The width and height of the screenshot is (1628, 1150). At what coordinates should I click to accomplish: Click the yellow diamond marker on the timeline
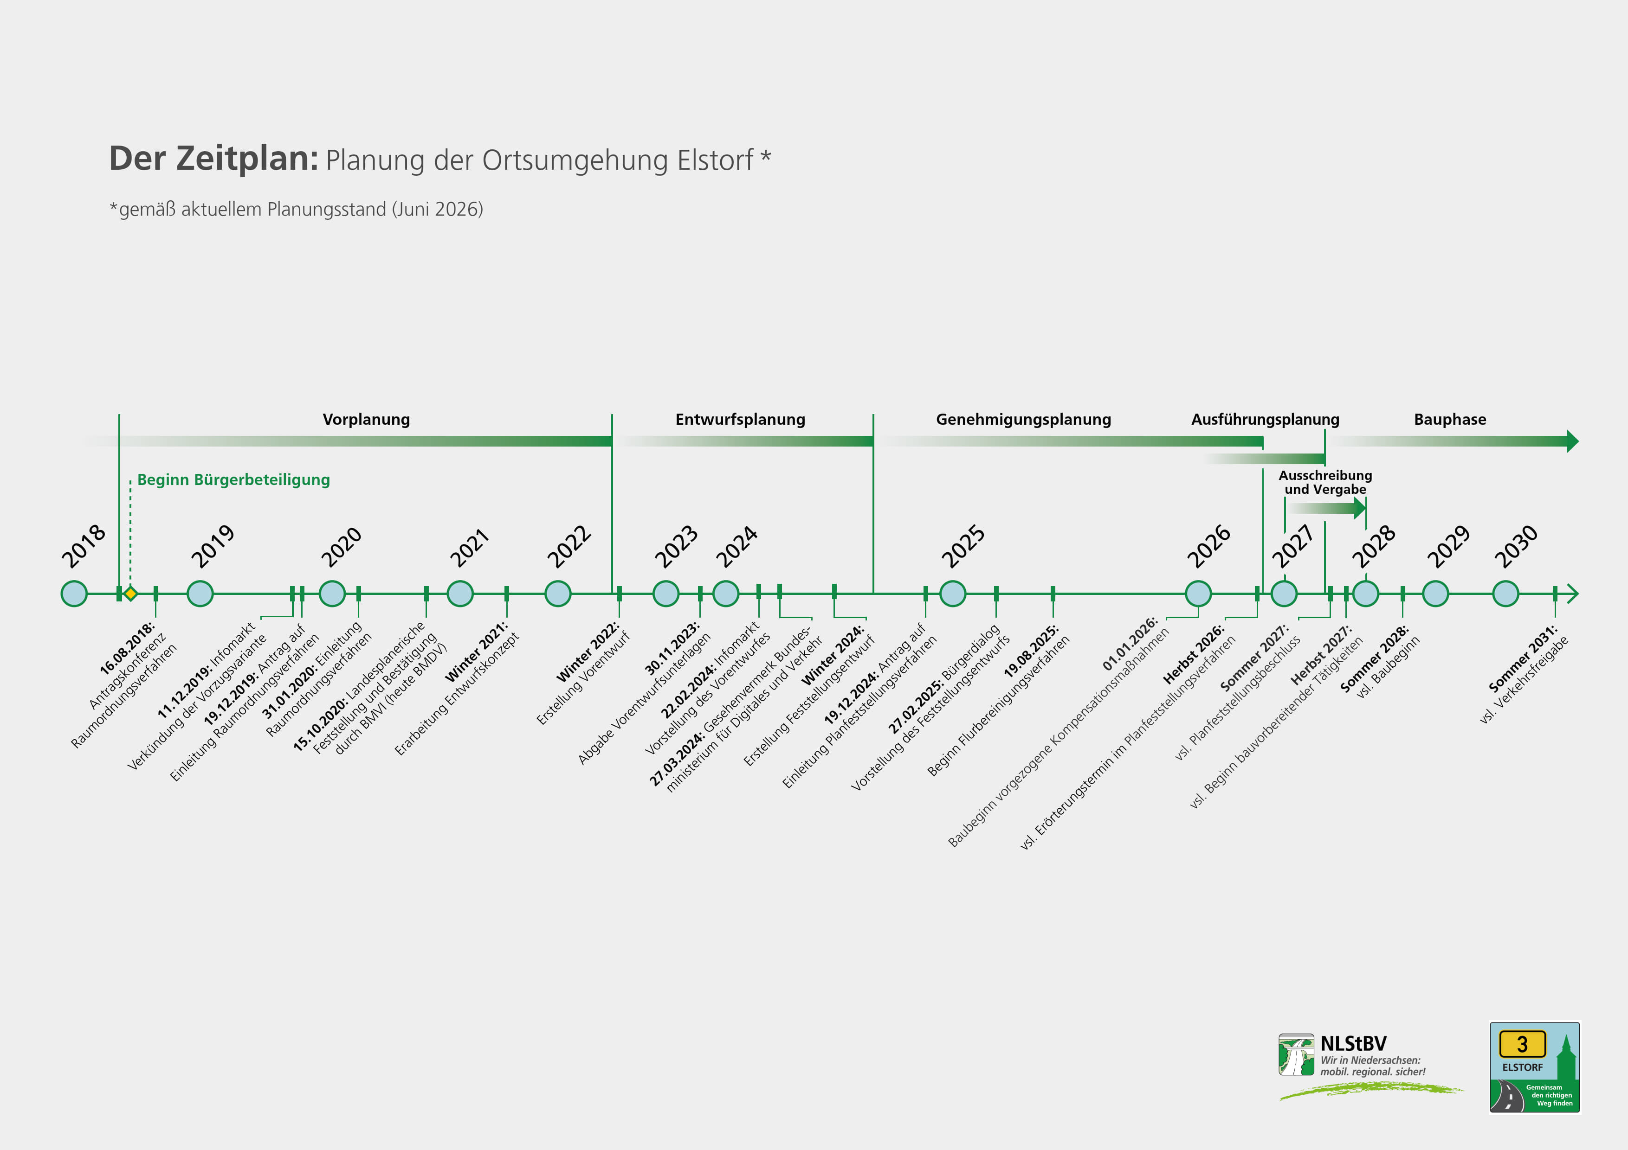coord(130,593)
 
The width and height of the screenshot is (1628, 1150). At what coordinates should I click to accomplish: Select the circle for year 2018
coord(74,593)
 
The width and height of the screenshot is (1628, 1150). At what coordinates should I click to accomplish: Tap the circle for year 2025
coord(952,593)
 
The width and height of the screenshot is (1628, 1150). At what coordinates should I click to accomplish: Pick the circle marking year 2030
coord(1505,593)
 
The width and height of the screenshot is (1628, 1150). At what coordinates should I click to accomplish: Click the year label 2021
coord(469,548)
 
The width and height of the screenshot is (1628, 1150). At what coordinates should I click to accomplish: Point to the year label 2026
coord(1209,546)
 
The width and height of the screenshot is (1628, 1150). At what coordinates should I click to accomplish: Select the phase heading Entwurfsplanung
coord(740,420)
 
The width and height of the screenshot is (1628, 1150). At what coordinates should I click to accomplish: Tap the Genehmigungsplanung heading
coord(1023,420)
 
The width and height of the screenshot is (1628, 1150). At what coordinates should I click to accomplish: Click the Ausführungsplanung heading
coord(1265,420)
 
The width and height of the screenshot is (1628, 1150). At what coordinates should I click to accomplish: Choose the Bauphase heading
coord(1450,420)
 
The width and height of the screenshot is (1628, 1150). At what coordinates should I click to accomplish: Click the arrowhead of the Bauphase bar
coord(1573,441)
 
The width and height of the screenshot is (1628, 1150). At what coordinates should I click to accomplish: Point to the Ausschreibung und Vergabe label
coord(1325,482)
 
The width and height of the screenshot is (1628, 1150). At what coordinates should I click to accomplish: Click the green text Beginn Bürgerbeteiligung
coord(233,479)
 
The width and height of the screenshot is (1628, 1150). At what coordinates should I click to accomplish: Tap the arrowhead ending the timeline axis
coord(1572,593)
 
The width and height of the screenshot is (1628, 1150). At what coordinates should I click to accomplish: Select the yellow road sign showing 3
coord(1522,1044)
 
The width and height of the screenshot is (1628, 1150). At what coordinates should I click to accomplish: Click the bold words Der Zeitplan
coord(213,158)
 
